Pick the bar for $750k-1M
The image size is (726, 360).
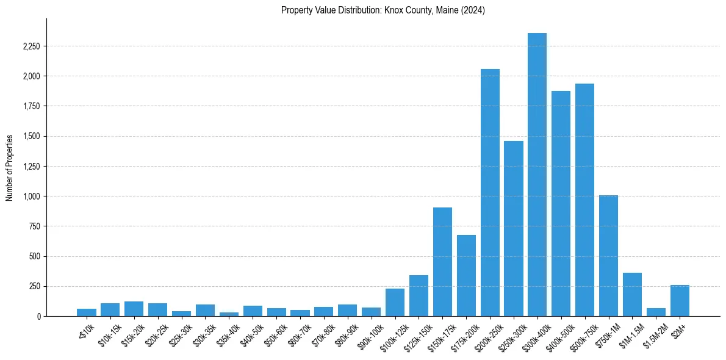[x=608, y=256]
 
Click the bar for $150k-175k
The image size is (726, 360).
[x=442, y=262]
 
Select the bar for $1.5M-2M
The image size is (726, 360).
[x=656, y=312]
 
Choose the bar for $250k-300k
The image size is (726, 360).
[x=514, y=229]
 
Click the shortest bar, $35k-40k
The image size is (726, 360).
[x=229, y=314]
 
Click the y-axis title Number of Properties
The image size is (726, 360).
[x=9, y=167]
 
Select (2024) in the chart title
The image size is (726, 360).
[x=473, y=10]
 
